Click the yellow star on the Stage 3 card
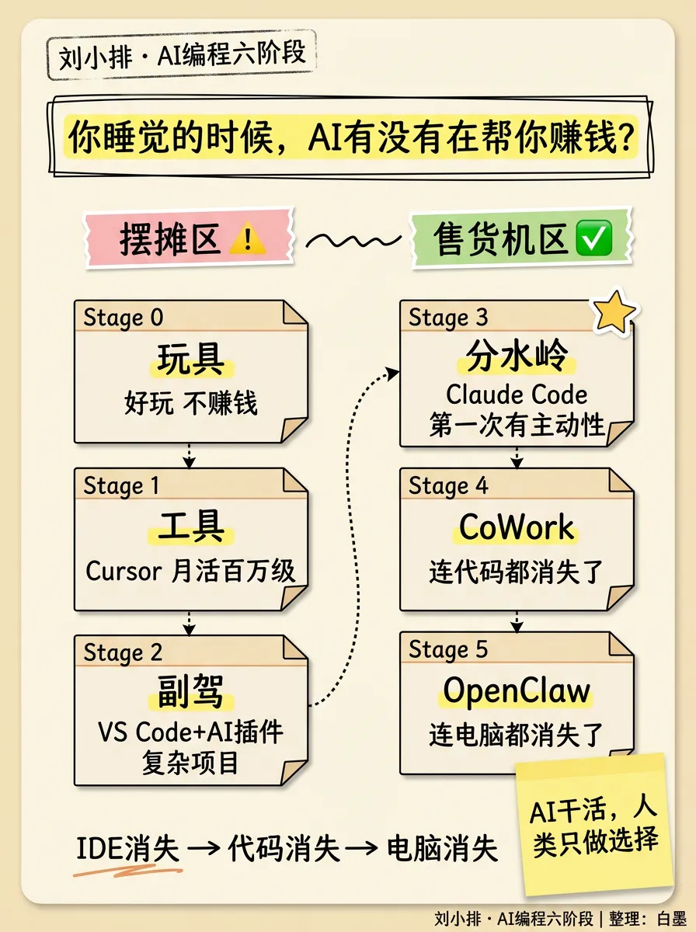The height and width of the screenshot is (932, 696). pos(614,311)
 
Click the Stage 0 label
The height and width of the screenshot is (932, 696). pos(124,318)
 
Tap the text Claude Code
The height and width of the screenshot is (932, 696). pos(517,395)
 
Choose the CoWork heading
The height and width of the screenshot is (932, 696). pos(517,527)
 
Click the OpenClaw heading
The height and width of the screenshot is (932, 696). pos(517,690)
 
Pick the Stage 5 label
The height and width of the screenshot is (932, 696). pos(449,649)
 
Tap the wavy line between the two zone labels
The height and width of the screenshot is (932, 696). pos(353,242)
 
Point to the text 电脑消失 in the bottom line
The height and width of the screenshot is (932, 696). pos(442,849)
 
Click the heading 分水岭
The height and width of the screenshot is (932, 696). pos(517,357)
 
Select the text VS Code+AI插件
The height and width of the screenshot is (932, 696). pos(190,732)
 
